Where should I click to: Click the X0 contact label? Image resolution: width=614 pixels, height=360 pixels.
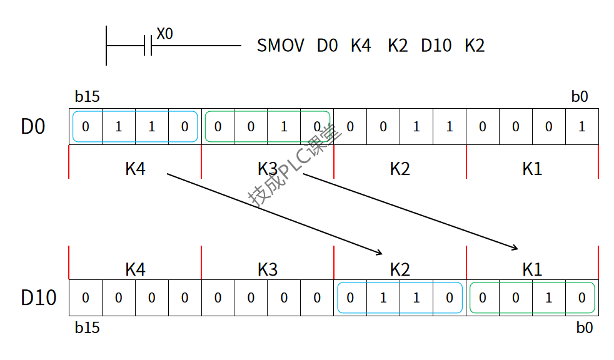tap(164, 34)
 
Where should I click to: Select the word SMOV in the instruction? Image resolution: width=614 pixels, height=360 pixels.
tap(280, 46)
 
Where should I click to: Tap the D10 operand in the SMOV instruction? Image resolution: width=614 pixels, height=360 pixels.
tap(436, 46)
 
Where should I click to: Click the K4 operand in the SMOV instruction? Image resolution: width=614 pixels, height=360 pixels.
tap(361, 46)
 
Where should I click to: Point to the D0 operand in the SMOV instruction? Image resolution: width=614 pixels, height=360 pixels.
tap(327, 46)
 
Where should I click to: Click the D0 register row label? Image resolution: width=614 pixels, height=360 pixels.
tap(33, 126)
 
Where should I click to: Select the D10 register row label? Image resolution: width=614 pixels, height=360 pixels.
tap(39, 297)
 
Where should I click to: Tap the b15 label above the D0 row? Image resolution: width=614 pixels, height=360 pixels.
tap(87, 97)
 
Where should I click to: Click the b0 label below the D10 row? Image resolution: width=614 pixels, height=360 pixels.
tap(584, 327)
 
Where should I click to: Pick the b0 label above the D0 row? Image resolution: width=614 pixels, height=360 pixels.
tap(580, 97)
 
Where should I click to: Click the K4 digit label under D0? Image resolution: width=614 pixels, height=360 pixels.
tap(135, 168)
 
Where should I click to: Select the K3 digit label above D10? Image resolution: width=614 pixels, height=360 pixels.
tap(268, 269)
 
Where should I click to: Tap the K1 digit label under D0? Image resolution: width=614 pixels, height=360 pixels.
tap(532, 168)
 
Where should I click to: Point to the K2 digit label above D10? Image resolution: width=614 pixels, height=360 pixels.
tap(400, 269)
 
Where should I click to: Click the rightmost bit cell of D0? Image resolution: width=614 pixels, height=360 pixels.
tap(582, 127)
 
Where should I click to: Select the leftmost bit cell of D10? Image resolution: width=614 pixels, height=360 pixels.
tap(86, 298)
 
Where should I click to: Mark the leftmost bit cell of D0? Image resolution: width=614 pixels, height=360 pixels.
tap(86, 127)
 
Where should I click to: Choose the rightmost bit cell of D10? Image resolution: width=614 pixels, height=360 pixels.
tap(582, 298)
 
